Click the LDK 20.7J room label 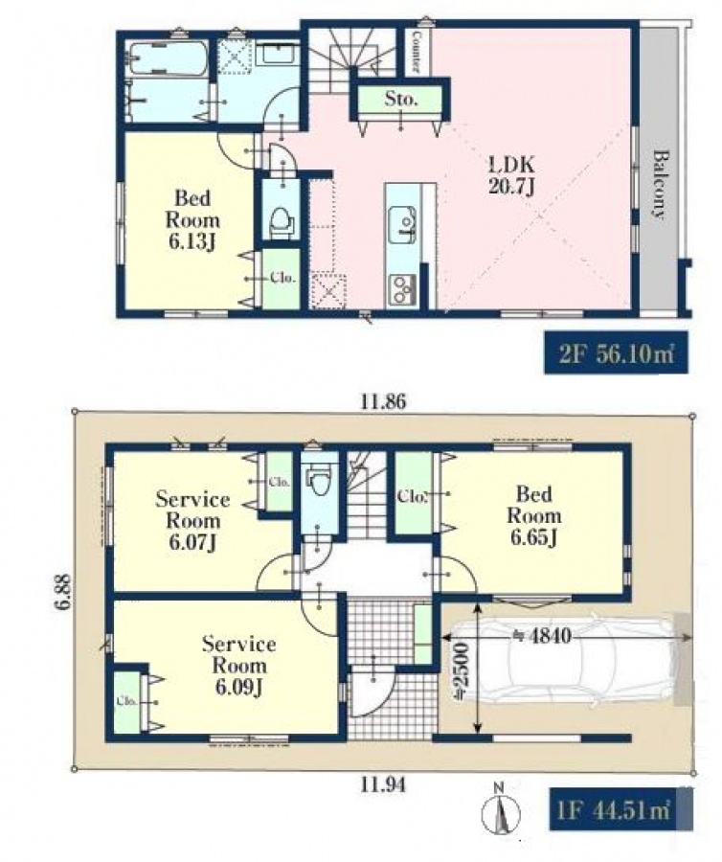(x=511, y=175)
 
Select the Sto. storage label (x=400, y=100)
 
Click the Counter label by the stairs (x=417, y=52)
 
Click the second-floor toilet (x=281, y=220)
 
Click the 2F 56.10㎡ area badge (x=616, y=352)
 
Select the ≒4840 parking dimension (x=542, y=636)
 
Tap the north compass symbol (x=500, y=813)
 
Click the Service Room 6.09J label (x=239, y=666)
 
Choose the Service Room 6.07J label (x=192, y=521)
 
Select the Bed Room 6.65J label (x=534, y=515)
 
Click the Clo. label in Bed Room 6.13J (x=283, y=278)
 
